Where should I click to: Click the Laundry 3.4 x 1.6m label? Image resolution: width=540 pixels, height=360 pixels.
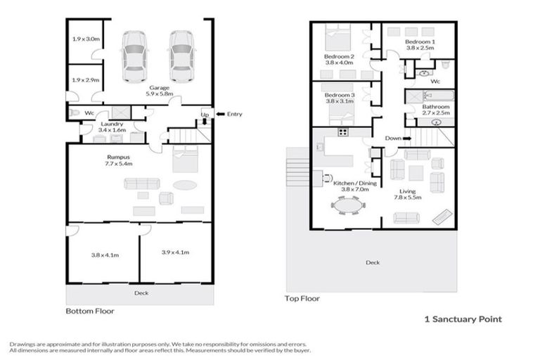112,127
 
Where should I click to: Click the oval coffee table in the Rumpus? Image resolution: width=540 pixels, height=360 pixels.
186,186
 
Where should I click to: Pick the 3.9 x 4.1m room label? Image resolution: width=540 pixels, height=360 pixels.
175,252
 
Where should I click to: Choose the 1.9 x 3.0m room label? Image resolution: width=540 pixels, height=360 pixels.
85,39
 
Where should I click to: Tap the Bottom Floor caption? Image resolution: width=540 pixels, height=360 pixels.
90,310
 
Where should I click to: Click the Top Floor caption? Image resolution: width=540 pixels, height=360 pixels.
302,299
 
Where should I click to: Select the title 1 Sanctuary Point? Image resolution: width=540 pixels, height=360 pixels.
463,319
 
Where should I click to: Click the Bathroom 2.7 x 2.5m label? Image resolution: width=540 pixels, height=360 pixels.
436,110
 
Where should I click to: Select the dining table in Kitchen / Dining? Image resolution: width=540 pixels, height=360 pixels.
348,205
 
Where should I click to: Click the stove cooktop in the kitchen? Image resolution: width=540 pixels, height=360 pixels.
344,132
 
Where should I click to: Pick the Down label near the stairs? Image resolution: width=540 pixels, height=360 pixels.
393,139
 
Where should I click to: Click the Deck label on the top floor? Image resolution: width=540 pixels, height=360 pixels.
373,263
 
